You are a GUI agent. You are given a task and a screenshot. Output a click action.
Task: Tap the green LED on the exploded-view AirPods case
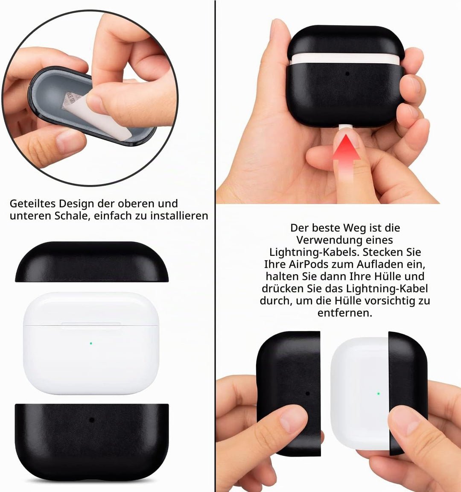tap(91, 343)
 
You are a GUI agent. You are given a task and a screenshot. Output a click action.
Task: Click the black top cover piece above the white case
tap(92, 262)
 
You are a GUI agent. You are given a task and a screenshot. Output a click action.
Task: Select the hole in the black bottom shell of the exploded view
tap(92, 419)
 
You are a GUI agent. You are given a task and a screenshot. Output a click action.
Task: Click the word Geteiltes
tap(32, 204)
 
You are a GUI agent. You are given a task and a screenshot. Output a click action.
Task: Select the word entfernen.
tap(344, 313)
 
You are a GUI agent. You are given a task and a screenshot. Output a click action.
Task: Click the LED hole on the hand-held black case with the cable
tap(347, 74)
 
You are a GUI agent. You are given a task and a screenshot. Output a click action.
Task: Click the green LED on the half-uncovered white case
tap(379, 393)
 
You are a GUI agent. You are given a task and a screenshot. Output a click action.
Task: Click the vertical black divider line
tap(216, 246)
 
